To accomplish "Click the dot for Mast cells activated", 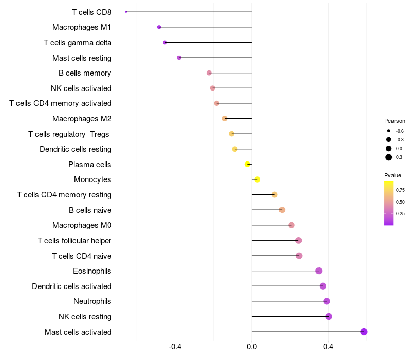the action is click(364, 332).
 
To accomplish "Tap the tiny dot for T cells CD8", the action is click(126, 12).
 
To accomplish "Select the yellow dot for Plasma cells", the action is click(247, 164).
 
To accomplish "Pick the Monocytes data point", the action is click(257, 179).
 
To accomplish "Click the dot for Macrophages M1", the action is click(159, 27).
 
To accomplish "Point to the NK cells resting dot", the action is click(329, 316).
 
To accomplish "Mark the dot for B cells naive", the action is click(282, 210).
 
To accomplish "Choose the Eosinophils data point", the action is click(319, 271).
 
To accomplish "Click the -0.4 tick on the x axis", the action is click(175, 347).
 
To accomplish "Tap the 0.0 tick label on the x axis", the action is click(252, 347).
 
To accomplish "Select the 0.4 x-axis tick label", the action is click(328, 347).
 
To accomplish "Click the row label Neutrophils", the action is click(92, 301).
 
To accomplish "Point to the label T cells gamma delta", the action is click(78, 43).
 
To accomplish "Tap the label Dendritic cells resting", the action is click(76, 149).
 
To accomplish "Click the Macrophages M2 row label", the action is click(82, 119).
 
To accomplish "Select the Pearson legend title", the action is click(395, 121).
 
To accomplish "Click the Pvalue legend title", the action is click(393, 175).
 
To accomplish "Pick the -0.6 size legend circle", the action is click(389, 131).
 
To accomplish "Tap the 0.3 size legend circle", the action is click(389, 157).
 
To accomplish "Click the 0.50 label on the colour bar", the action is click(400, 202).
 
